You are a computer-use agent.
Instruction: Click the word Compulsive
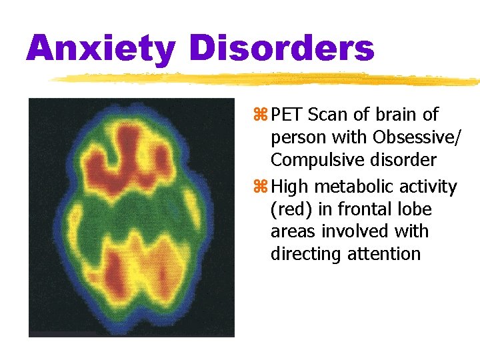pyautogui.click(x=315, y=161)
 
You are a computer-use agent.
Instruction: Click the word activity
pyautogui.click(x=427, y=187)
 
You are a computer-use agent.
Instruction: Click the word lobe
pyautogui.click(x=415, y=209)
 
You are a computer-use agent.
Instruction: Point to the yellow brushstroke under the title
pyautogui.click(x=267, y=79)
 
